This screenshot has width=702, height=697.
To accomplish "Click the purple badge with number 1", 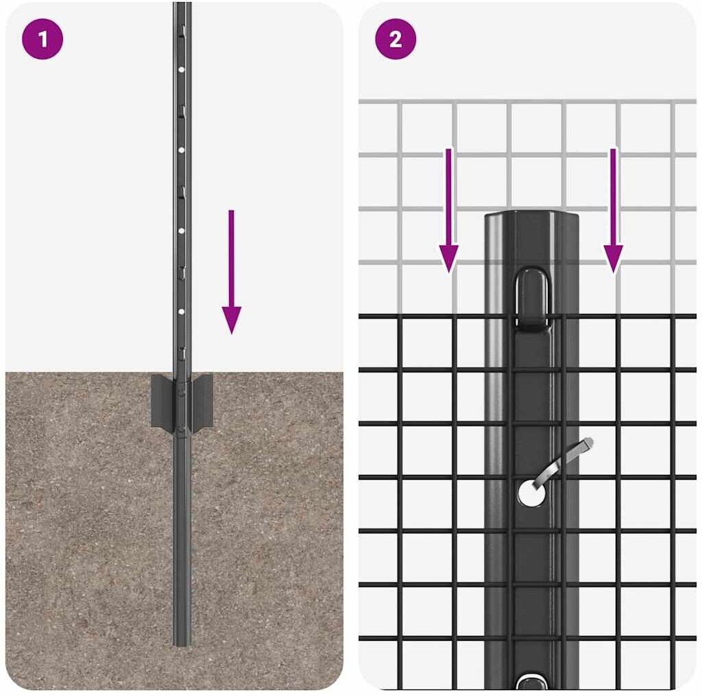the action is click(x=43, y=39).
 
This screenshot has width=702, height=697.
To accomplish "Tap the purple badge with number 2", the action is click(x=396, y=39).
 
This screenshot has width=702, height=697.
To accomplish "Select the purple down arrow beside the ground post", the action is click(x=232, y=271).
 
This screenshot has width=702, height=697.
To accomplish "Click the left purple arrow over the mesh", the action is click(x=448, y=210).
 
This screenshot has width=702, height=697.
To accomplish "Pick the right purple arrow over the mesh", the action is click(x=614, y=210).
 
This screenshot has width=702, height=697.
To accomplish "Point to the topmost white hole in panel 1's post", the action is click(x=181, y=70).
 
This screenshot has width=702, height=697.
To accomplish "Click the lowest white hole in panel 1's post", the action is click(x=181, y=311).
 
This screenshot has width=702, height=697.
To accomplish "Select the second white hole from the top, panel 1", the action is click(x=181, y=150).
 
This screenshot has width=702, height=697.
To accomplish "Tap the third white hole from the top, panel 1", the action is click(x=181, y=230).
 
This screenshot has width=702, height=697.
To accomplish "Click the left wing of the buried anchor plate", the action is click(x=162, y=401).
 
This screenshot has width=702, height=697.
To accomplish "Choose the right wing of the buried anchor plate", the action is click(x=202, y=401).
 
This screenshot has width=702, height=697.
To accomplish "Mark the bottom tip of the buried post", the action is click(x=182, y=645).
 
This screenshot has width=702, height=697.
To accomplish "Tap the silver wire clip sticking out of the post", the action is click(x=564, y=462).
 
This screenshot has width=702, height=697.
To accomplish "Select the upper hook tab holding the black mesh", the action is click(x=532, y=299).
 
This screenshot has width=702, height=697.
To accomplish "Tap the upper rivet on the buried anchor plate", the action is click(x=180, y=391).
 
